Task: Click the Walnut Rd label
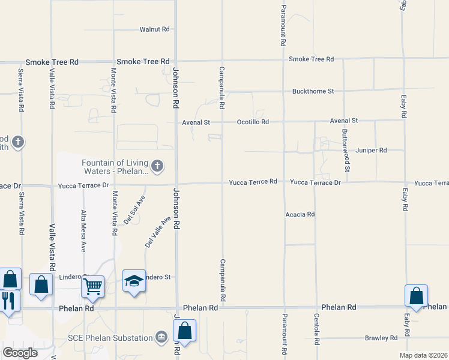155,29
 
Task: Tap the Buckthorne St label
313,91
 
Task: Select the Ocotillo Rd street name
252,122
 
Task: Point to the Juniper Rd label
372,151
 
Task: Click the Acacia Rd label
300,214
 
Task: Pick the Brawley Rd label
381,338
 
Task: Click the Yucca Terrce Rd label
253,181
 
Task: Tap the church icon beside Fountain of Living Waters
157,166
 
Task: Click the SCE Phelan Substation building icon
161,338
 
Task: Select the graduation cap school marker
134,280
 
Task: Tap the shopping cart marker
93,286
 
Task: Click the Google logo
19,353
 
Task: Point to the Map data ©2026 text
424,355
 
